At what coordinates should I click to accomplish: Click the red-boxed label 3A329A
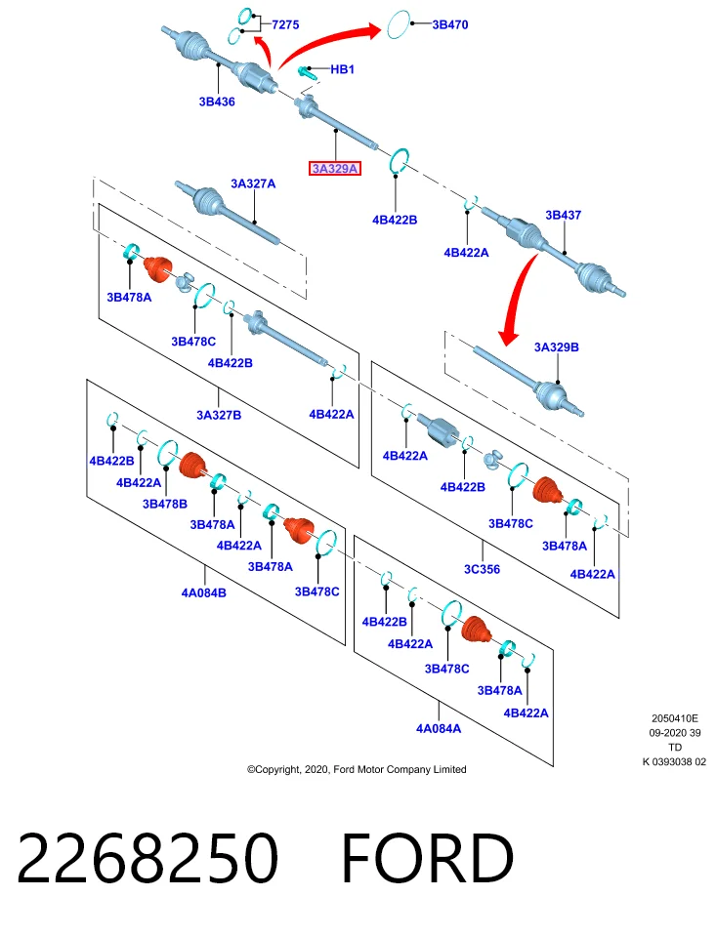pyautogui.click(x=335, y=169)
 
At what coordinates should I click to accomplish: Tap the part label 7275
pyautogui.click(x=285, y=24)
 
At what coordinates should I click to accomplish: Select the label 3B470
pyautogui.click(x=450, y=24)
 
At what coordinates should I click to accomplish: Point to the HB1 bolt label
pyautogui.click(x=343, y=69)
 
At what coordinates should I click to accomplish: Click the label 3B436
pyautogui.click(x=217, y=102)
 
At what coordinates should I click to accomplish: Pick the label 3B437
pyautogui.click(x=563, y=215)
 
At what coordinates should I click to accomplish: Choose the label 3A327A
pyautogui.click(x=253, y=183)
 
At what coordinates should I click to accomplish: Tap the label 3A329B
pyautogui.click(x=556, y=347)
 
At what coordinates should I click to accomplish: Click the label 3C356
pyautogui.click(x=482, y=569)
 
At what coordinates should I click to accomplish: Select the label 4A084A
pyautogui.click(x=439, y=728)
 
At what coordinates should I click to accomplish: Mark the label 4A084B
pyautogui.click(x=204, y=592)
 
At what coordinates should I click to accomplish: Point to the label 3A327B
pyautogui.click(x=219, y=415)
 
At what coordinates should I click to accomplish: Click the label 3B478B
pyautogui.click(x=165, y=504)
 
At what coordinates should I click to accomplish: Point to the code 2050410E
pyautogui.click(x=675, y=718)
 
